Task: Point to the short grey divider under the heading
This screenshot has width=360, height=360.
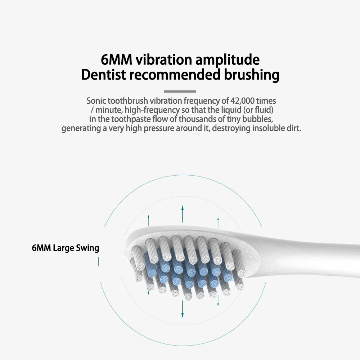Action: click(180, 91)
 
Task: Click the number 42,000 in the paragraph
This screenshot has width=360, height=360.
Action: click(244, 101)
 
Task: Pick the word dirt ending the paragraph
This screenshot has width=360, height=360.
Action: click(293, 129)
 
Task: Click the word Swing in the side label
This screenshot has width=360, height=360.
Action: click(87, 248)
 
